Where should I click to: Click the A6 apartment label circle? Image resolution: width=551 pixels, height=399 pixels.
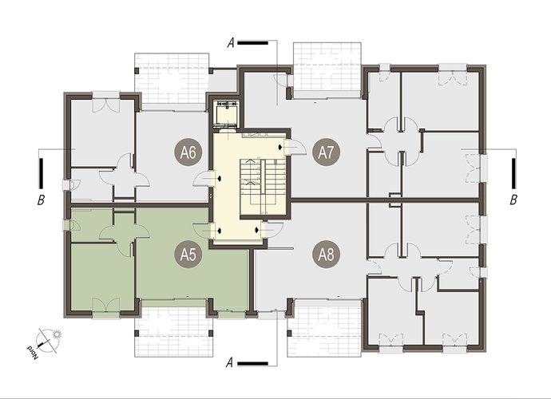pos(188,152)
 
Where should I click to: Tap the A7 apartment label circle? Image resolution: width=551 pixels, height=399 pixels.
pos(326,152)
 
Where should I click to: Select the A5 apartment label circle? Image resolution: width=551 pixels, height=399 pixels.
pos(188,255)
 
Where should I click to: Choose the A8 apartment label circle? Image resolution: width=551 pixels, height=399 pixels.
pos(327,255)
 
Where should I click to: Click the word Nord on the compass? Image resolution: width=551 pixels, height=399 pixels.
pos(32,352)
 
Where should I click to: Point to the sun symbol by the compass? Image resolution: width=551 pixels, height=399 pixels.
pos(56,334)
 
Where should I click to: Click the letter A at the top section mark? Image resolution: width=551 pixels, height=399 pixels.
pos(231,43)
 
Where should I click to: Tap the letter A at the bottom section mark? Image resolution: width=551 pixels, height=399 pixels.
pos(229,362)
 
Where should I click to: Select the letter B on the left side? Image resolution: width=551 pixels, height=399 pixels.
pos(41,199)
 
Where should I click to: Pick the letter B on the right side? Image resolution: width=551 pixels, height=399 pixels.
pos(513,199)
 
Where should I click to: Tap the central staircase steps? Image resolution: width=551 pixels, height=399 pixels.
pos(262,187)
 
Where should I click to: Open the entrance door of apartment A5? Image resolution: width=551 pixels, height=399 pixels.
pos(204,231)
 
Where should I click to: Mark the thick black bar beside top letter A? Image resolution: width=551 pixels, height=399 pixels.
pos(253,43)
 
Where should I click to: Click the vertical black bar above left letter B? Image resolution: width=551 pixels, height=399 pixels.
pos(41,173)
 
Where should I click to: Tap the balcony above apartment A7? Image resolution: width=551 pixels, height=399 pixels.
pos(327,70)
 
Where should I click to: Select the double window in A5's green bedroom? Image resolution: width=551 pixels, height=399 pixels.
pos(105,305)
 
